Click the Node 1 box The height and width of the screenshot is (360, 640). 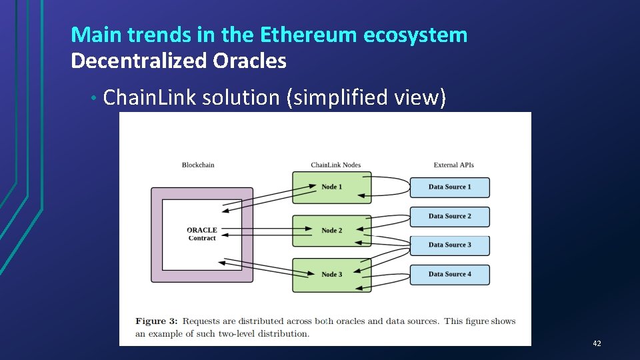[331, 187]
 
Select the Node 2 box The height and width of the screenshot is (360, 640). [331, 231]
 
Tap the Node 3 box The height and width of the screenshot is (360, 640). [331, 275]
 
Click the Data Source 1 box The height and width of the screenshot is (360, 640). [449, 187]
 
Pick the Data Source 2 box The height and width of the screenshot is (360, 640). [449, 216]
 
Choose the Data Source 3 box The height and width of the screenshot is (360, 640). [449, 245]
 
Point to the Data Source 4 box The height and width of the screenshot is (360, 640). [449, 274]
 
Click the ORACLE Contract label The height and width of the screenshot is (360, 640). [202, 234]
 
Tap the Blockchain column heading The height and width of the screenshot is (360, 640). [198, 165]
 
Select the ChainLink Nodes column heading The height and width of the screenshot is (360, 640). [331, 165]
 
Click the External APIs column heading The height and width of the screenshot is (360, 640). [453, 165]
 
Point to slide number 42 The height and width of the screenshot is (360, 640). [597, 343]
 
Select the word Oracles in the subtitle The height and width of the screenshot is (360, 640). [249, 61]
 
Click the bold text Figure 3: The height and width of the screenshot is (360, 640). [157, 321]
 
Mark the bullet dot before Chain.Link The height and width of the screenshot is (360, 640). [95, 99]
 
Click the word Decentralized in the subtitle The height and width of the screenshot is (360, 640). [139, 61]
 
